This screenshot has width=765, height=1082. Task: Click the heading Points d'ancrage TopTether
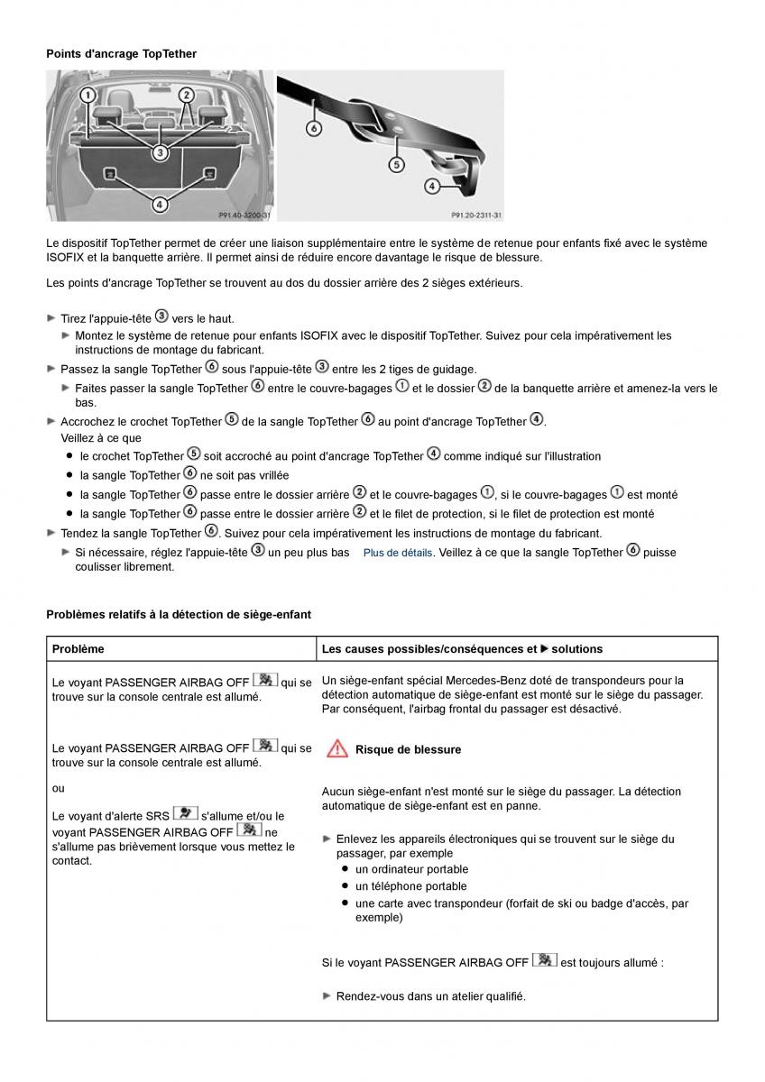click(121, 54)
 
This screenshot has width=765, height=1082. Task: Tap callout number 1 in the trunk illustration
click(88, 95)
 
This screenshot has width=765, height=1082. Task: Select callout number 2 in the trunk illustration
click(186, 95)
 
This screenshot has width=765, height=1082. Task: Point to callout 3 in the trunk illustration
click(160, 152)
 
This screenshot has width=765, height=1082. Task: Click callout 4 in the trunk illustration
click(160, 205)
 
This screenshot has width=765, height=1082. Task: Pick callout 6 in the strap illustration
click(313, 128)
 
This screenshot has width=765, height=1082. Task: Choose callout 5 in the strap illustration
click(396, 164)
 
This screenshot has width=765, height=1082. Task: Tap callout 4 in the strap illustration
click(431, 186)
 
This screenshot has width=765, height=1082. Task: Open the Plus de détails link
click(398, 553)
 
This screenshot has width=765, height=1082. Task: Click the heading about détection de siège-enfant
click(179, 615)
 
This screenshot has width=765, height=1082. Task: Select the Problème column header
click(78, 649)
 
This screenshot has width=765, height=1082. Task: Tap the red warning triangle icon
click(337, 748)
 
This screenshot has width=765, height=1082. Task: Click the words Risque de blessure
click(408, 749)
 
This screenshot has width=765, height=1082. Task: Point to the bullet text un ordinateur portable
click(411, 869)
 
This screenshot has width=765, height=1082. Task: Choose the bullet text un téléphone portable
click(410, 886)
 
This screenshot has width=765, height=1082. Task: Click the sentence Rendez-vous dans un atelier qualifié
click(430, 996)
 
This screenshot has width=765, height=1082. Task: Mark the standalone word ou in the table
click(59, 788)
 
